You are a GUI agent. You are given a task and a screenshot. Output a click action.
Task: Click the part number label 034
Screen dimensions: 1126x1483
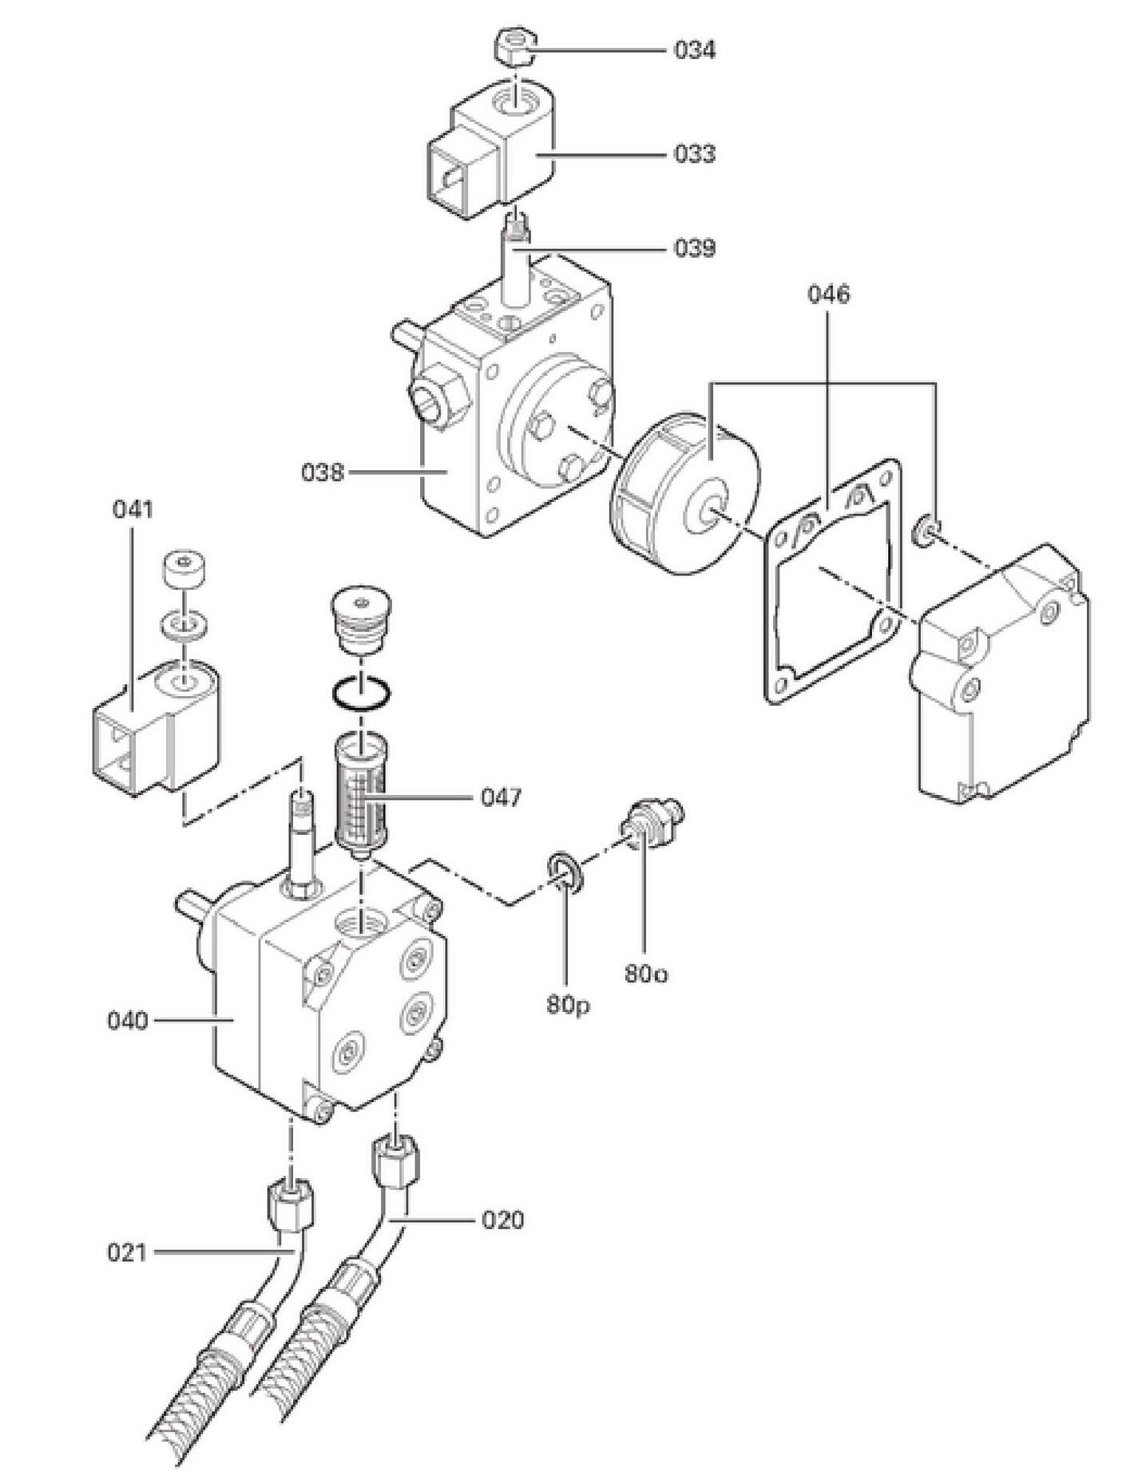point(694,50)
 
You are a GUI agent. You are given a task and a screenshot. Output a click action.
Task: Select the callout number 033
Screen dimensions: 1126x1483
point(694,153)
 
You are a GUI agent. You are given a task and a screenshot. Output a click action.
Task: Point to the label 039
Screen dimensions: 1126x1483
point(694,248)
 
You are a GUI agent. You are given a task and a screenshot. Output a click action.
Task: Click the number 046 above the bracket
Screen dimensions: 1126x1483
point(829,294)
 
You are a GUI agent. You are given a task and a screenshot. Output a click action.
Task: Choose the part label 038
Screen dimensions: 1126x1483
point(323,472)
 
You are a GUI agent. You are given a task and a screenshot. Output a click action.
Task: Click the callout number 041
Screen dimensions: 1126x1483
point(133,508)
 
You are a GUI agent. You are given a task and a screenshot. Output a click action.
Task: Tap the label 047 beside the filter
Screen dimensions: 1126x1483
point(501,797)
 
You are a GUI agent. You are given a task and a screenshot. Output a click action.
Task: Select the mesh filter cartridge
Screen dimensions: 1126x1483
point(362,795)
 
